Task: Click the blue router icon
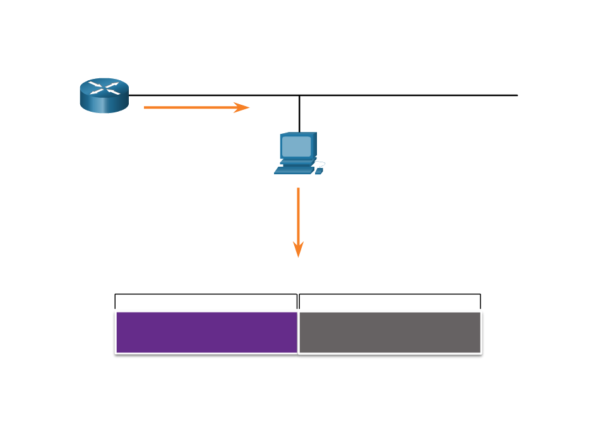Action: [x=104, y=95]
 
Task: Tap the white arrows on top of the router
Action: [x=104, y=87]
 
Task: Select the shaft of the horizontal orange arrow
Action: [x=189, y=107]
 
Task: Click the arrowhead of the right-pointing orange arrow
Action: [x=242, y=107]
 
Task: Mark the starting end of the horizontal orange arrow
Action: [x=145, y=107]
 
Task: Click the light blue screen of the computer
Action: [x=296, y=146]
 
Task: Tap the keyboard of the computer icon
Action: [x=294, y=170]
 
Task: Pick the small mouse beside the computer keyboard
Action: [x=319, y=170]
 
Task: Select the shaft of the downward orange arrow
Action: [x=298, y=215]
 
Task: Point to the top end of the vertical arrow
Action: [x=298, y=188]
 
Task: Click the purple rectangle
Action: [x=206, y=332]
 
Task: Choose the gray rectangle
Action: [x=390, y=332]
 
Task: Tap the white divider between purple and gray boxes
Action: [x=298, y=332]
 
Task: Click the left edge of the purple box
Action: [x=116, y=332]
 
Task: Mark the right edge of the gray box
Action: [x=481, y=332]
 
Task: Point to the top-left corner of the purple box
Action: [x=116, y=311]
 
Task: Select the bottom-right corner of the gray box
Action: [x=481, y=353]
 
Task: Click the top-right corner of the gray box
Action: [x=481, y=311]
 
